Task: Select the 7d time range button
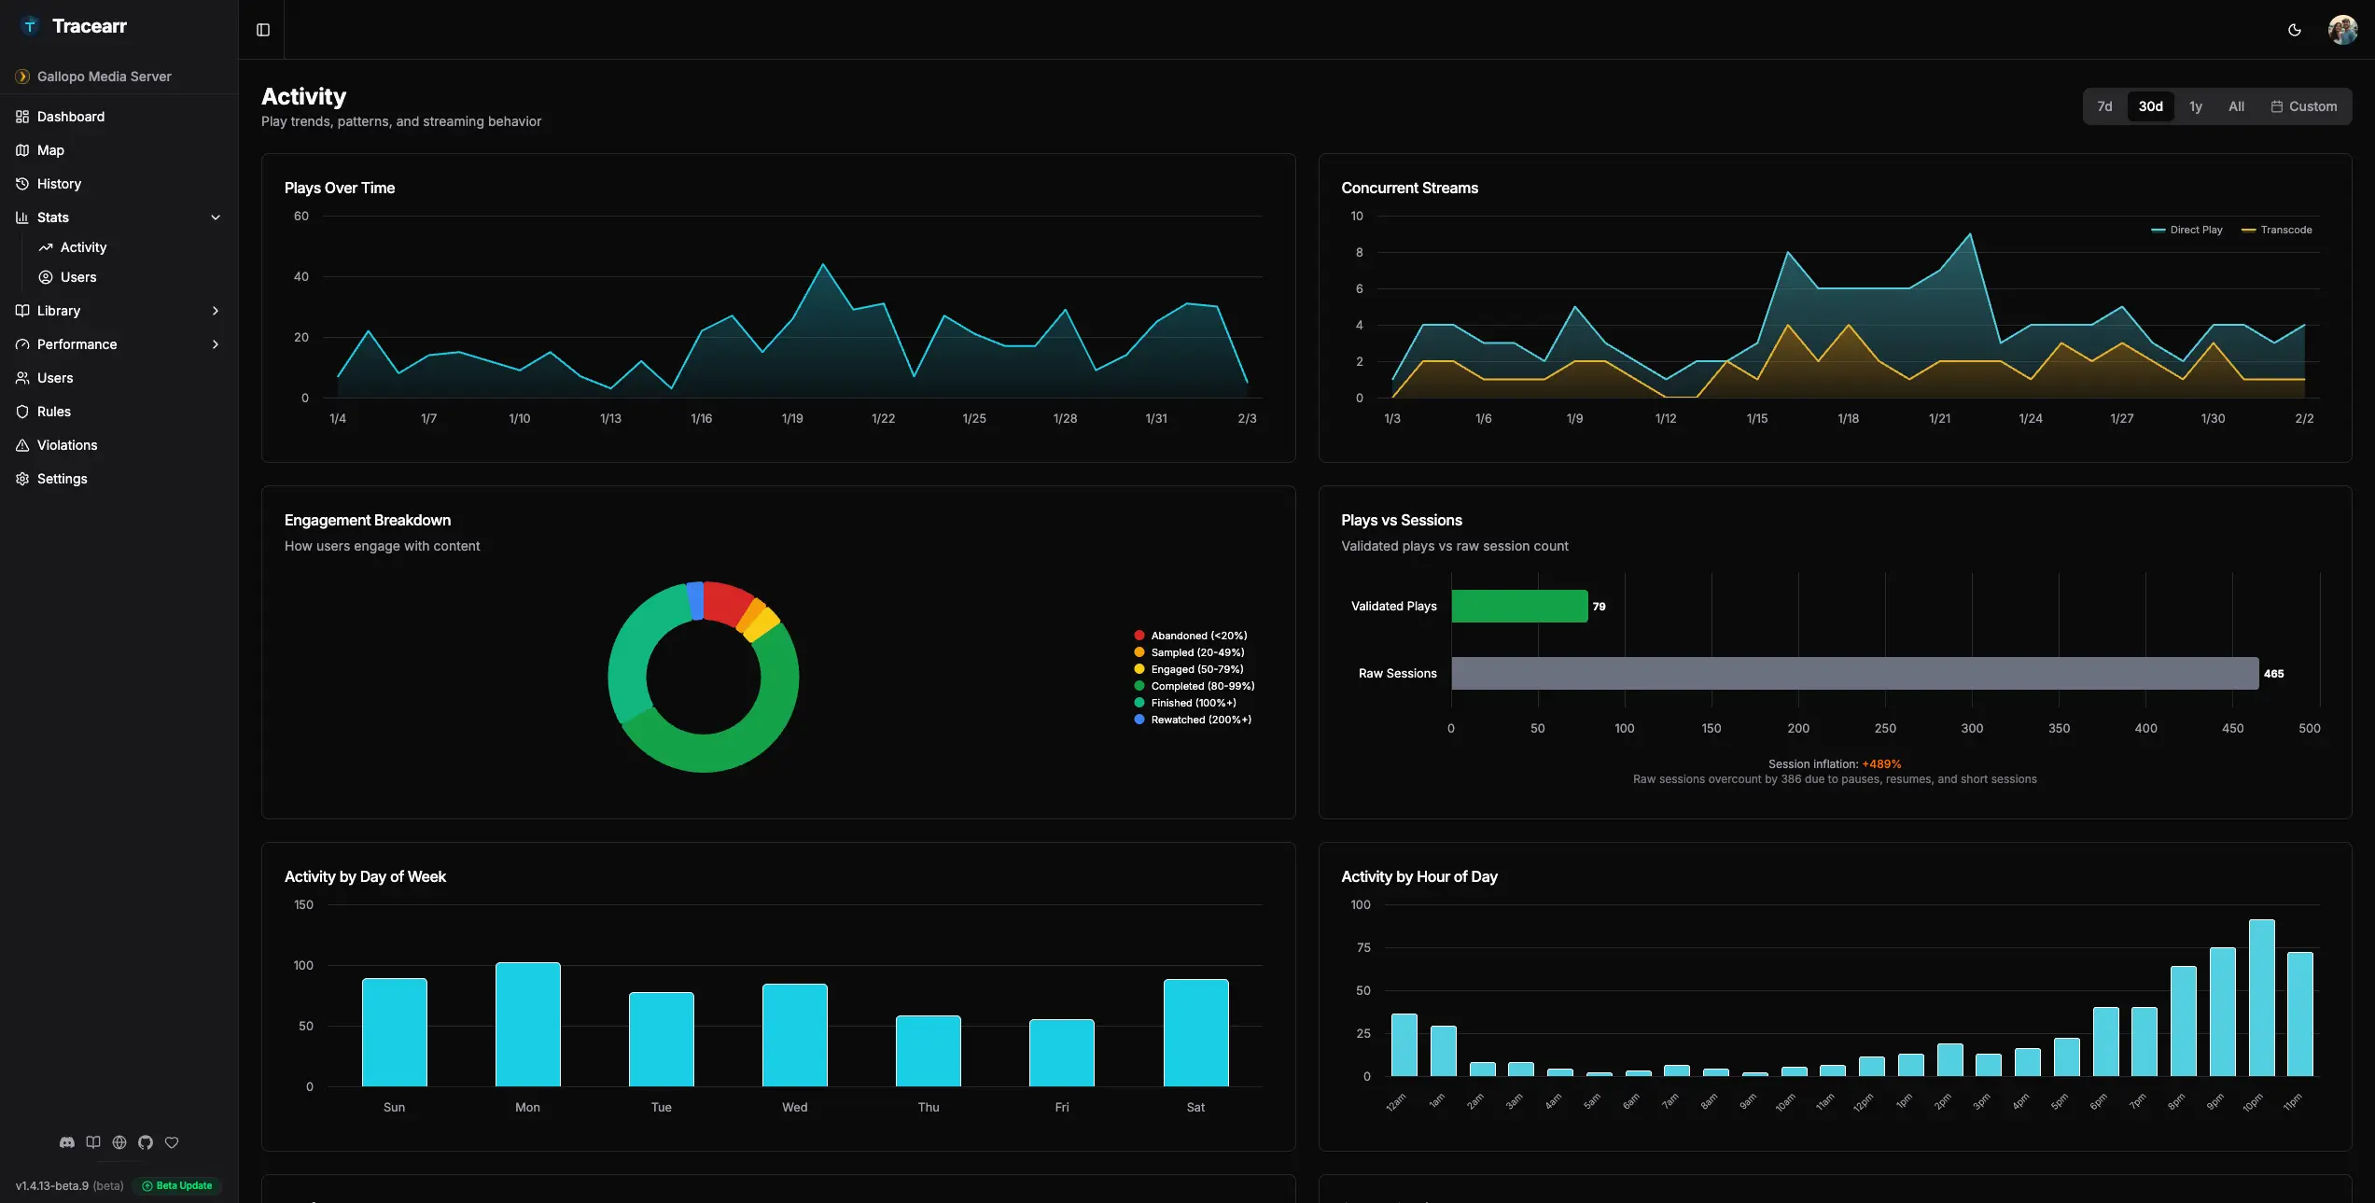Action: click(2104, 106)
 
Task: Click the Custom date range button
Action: click(2303, 106)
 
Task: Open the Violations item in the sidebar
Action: click(66, 445)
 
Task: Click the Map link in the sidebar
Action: click(50, 150)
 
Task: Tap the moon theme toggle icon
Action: click(2295, 30)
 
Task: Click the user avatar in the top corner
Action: click(2342, 30)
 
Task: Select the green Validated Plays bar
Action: click(1519, 607)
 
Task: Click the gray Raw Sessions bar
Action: click(1854, 674)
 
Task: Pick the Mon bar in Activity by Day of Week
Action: click(527, 1024)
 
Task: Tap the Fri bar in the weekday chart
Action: click(1062, 1053)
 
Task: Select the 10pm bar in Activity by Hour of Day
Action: click(2262, 998)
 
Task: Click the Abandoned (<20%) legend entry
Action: click(1191, 636)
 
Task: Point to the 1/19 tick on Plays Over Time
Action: click(792, 419)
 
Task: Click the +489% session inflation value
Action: click(1881, 764)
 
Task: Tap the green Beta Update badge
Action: click(177, 1186)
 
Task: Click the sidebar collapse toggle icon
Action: click(263, 30)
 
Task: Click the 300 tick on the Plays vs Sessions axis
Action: click(1972, 729)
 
